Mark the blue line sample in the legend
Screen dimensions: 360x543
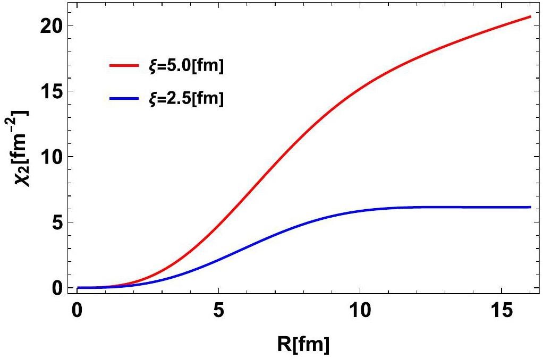point(125,98)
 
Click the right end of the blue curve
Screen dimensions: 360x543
point(530,207)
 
